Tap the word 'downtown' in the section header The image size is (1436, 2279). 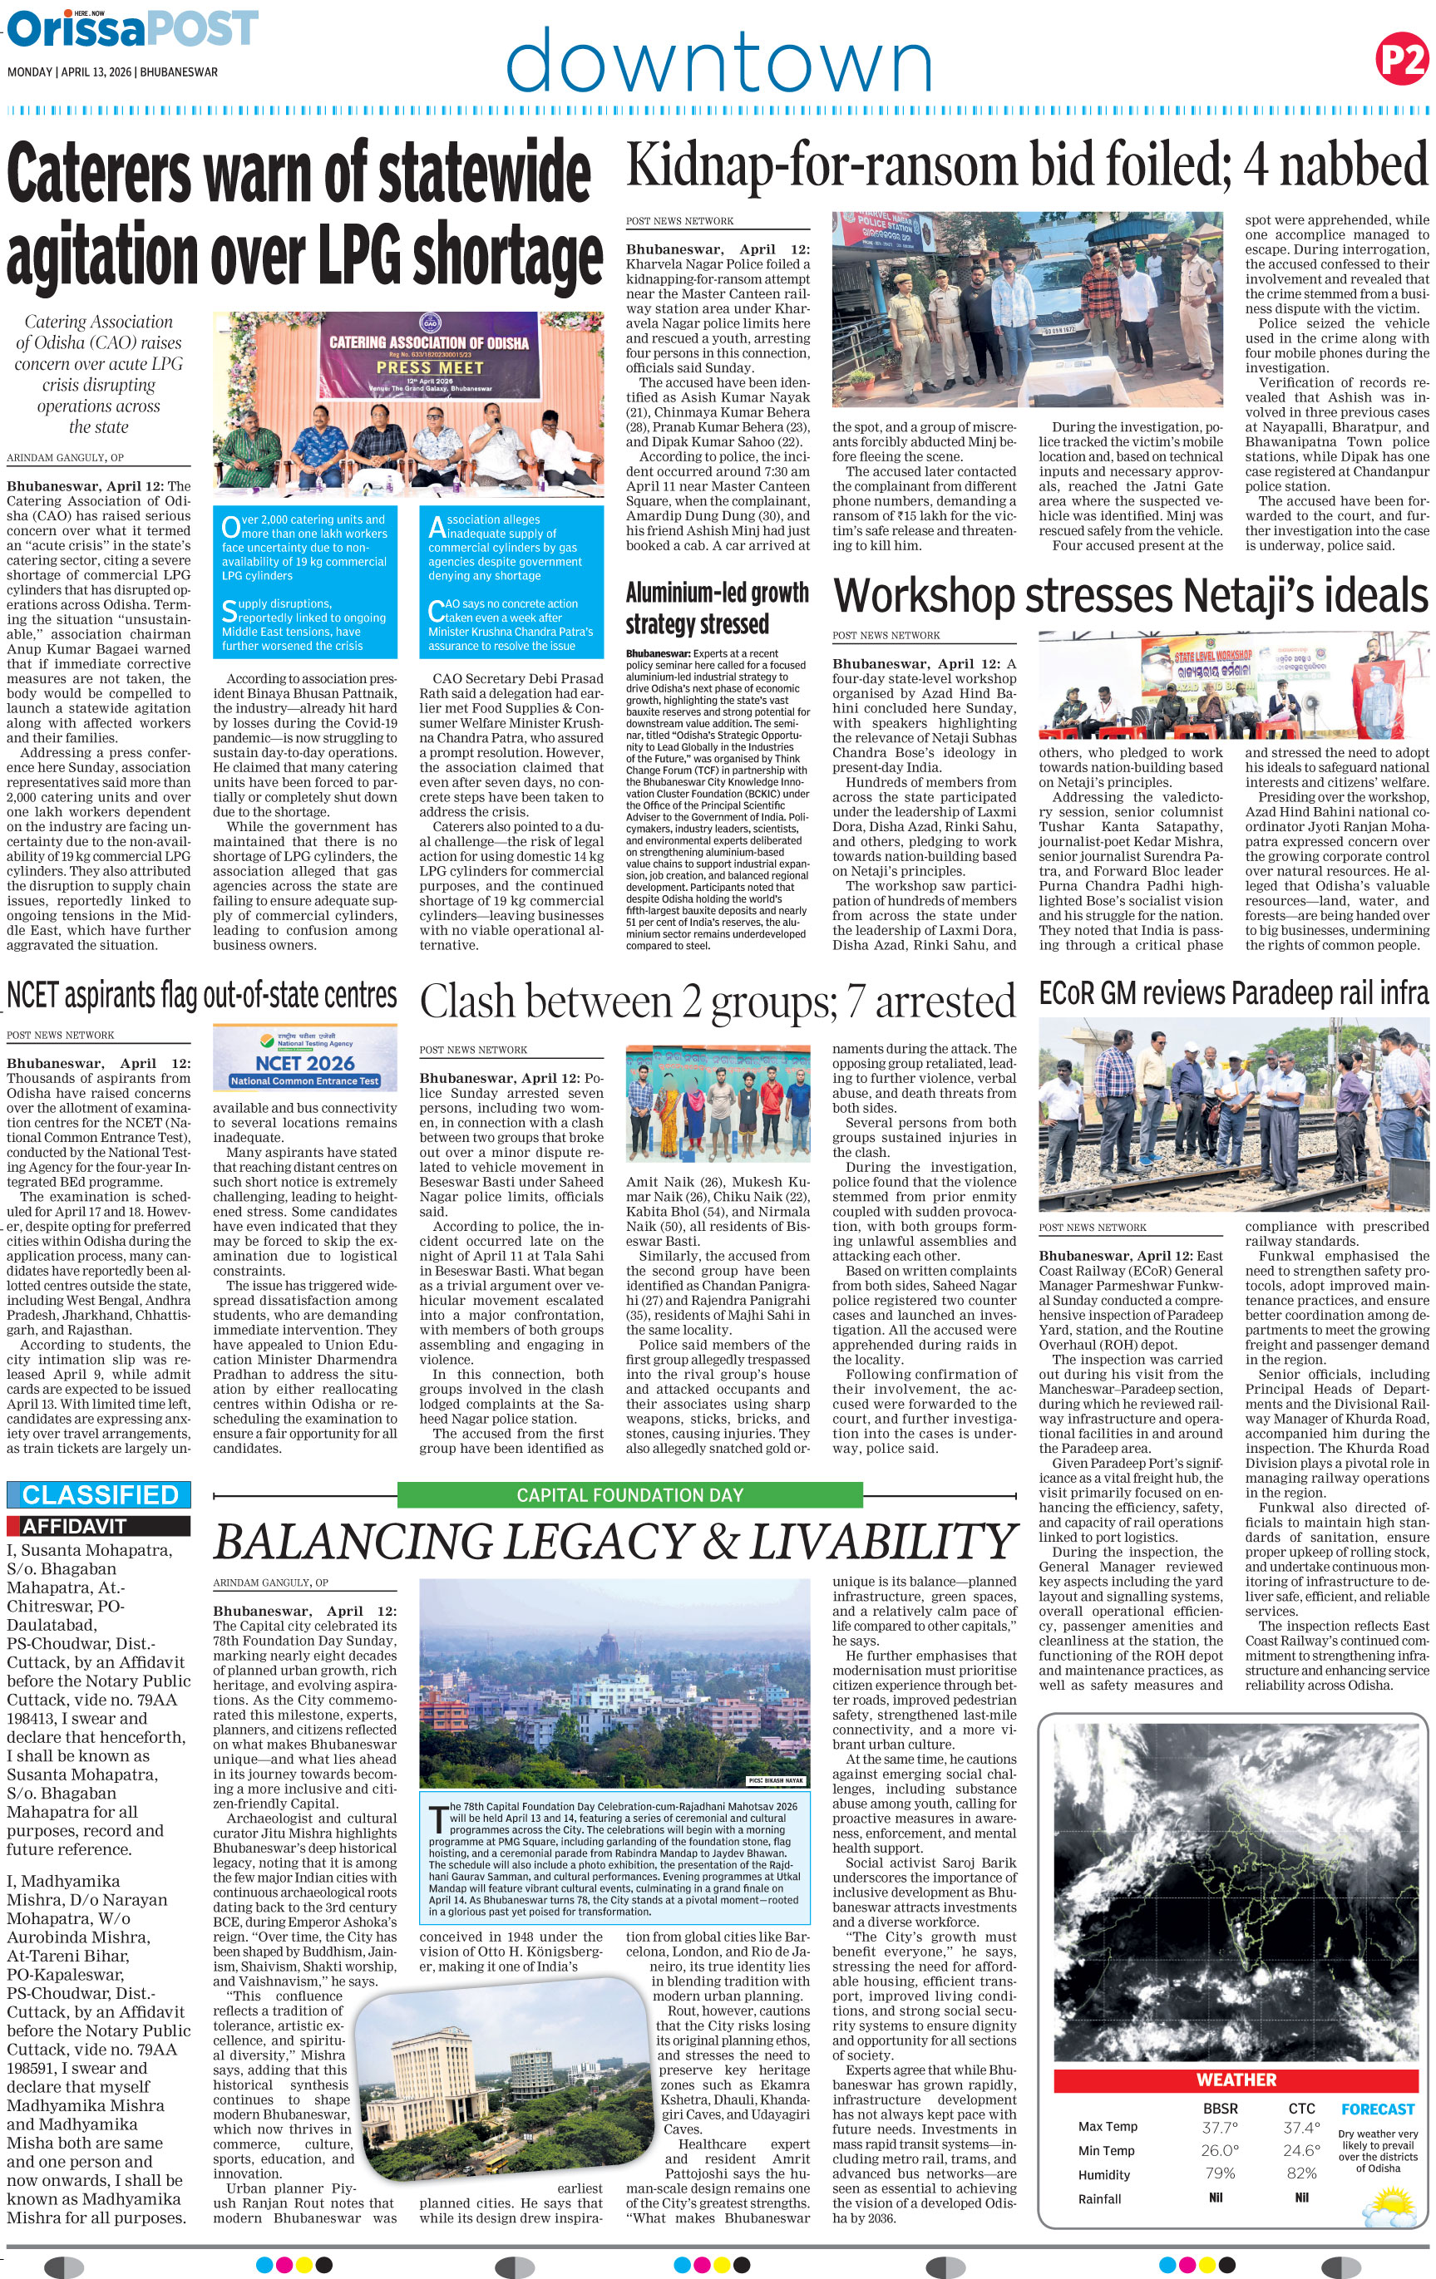[719, 62]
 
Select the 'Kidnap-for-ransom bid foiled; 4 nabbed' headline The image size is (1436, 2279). [1026, 165]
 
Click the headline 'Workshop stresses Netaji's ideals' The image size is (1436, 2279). [1130, 596]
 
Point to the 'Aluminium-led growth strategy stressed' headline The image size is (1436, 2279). [717, 608]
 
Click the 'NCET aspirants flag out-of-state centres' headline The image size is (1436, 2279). [201, 996]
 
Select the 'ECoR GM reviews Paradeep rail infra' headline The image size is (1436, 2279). [1232, 993]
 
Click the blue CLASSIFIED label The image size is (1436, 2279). [100, 1494]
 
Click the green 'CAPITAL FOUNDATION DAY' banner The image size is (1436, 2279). [629, 1495]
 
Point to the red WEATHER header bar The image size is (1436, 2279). [1236, 2080]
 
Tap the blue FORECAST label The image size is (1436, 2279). [1377, 2109]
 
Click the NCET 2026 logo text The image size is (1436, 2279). [305, 1063]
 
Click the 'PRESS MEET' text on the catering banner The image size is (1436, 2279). [429, 367]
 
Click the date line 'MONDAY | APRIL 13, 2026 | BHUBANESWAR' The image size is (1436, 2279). [112, 72]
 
